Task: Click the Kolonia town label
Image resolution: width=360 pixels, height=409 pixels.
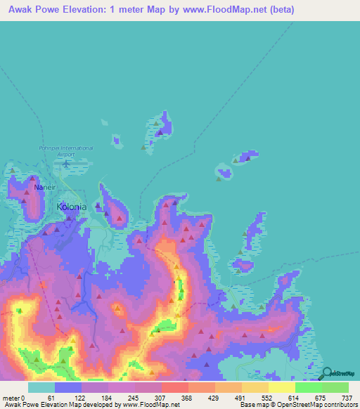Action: tap(71, 207)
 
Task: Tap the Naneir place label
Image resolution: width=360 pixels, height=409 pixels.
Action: tap(44, 188)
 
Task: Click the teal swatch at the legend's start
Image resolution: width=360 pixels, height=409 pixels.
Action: tap(41, 388)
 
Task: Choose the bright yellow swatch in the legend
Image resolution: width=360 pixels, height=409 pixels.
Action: tap(281, 388)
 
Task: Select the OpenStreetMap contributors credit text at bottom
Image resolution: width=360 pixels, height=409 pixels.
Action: tap(317, 404)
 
